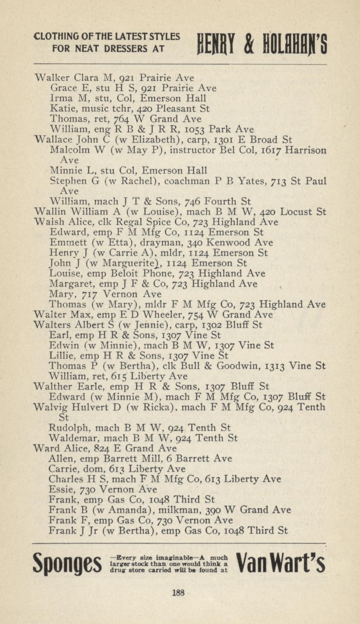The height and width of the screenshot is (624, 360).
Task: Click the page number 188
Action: tap(178, 592)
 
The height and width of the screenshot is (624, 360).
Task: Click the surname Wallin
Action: tap(48, 211)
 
